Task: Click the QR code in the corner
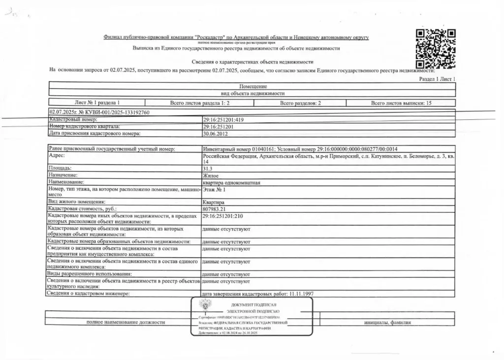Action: [436, 48]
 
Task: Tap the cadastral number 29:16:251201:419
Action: [223, 120]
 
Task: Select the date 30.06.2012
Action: [215, 133]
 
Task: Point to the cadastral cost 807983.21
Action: [215, 209]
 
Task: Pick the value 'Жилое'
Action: [211, 175]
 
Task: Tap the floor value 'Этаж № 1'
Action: [214, 189]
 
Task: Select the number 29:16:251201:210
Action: [223, 216]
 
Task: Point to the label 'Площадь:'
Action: [60, 168]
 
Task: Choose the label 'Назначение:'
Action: [63, 175]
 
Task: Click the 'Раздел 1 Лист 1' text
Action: [437, 79]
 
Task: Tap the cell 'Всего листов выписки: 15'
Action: [401, 103]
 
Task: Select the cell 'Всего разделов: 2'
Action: [300, 103]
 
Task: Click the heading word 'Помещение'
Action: [252, 86]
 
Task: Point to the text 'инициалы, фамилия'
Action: [388, 323]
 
